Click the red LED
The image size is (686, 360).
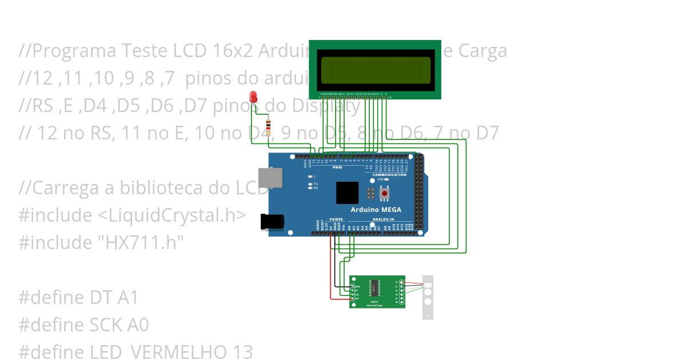[x=254, y=97]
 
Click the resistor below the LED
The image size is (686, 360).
[x=269, y=125]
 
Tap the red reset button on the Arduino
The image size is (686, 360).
[x=384, y=194]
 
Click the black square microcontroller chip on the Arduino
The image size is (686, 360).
[x=347, y=193]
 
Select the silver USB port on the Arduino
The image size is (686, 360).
[x=266, y=178]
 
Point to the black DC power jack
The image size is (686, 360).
[x=271, y=222]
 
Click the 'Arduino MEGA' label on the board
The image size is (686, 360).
[x=376, y=210]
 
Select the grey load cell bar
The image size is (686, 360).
[x=428, y=297]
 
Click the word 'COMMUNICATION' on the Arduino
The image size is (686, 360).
[x=389, y=174]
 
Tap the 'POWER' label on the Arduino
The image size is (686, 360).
[x=337, y=219]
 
